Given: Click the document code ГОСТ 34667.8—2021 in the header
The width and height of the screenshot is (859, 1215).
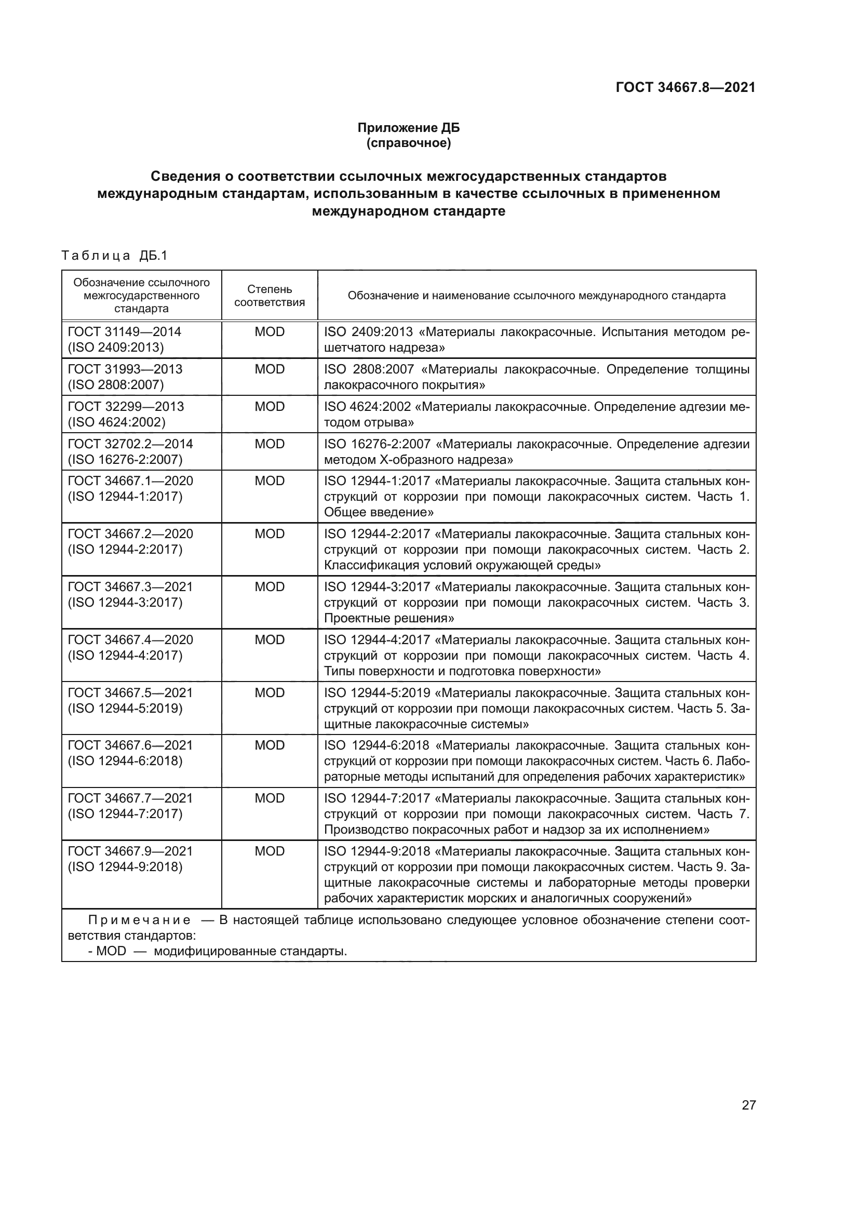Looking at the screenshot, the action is [x=685, y=87].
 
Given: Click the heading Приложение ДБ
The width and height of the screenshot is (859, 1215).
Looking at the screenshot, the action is [x=408, y=128].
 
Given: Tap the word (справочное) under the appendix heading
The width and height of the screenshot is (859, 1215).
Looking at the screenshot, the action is [x=408, y=143].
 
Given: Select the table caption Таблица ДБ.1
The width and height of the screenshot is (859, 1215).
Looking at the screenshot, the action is [x=114, y=256].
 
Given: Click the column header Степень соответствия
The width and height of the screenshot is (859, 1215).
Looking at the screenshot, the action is [x=269, y=295].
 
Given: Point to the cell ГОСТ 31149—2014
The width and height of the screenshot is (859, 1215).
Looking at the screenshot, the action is [x=124, y=332].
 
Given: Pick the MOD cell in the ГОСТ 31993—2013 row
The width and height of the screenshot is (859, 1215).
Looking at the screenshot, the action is [x=269, y=369].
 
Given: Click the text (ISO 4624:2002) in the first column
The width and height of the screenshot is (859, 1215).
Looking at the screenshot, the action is [x=116, y=422].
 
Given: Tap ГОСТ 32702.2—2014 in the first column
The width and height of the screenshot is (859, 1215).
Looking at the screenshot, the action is [x=130, y=444].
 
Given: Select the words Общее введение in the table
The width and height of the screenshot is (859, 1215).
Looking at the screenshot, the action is [x=378, y=512].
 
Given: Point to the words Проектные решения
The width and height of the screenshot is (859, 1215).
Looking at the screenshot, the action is [x=389, y=618].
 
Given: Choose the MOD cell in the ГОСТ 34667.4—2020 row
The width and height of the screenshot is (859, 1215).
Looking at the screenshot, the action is [x=269, y=639].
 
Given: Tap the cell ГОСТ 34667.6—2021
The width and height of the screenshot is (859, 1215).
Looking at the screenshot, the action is [x=130, y=745].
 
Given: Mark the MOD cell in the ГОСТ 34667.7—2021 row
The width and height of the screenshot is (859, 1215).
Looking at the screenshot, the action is [x=269, y=798].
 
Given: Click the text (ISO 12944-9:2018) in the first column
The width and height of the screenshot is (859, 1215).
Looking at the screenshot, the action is [x=125, y=867].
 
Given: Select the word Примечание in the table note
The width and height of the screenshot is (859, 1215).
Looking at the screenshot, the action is [x=139, y=920].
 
